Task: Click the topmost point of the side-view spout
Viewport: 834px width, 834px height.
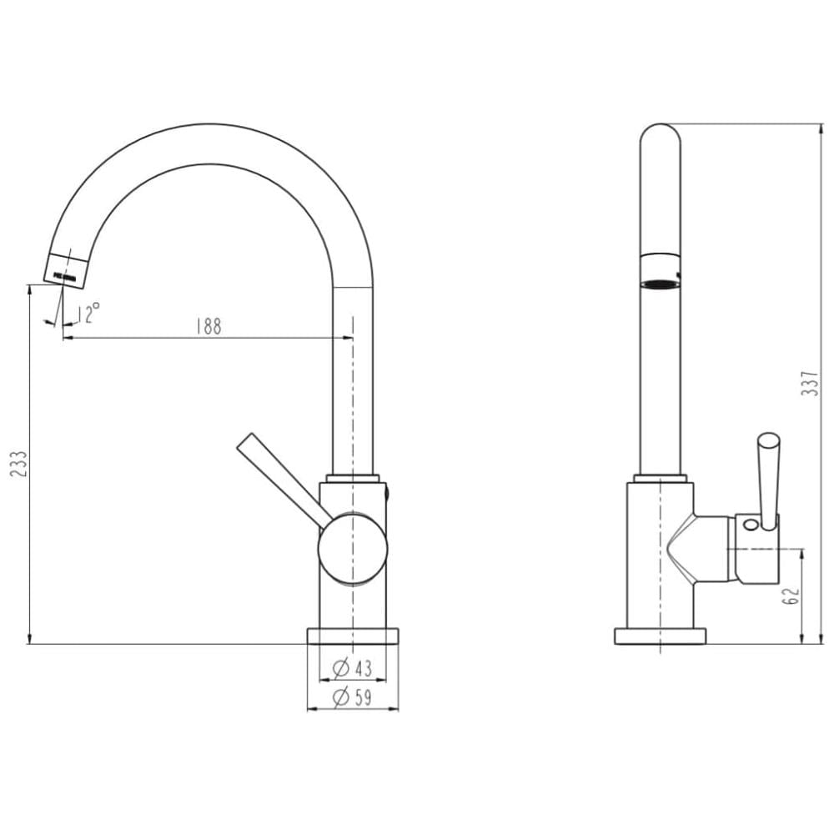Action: pos(660,124)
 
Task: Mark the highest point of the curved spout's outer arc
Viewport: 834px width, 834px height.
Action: pos(211,124)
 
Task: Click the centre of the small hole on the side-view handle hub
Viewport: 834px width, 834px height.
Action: pos(750,525)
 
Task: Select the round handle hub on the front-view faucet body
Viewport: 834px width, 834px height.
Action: pos(353,549)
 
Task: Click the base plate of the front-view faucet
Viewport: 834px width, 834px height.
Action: pos(353,636)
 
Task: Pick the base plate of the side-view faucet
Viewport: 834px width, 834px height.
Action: pos(660,636)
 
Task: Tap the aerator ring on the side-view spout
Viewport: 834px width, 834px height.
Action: pos(660,272)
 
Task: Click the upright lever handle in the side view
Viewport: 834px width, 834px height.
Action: pos(768,481)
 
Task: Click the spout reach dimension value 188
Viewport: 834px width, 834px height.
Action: pos(208,326)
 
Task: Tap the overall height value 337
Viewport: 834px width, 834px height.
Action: pos(810,383)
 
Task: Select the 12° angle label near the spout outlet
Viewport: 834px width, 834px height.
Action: pos(88,314)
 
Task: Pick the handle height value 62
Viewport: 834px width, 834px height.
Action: pos(791,595)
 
